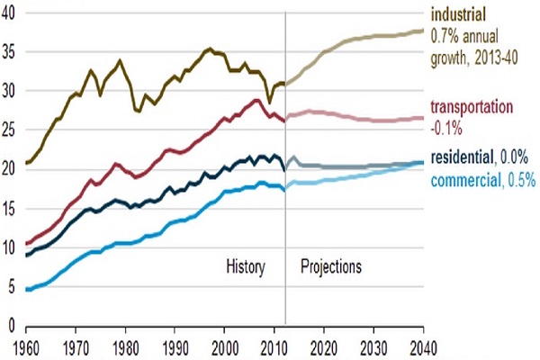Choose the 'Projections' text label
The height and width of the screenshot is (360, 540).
pos(331,267)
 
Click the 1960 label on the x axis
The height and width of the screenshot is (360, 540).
pos(26,346)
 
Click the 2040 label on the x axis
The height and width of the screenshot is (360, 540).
pos(421,346)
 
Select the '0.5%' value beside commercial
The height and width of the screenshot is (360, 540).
pos(522,181)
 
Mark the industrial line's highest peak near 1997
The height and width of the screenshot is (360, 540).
pos(210,49)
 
